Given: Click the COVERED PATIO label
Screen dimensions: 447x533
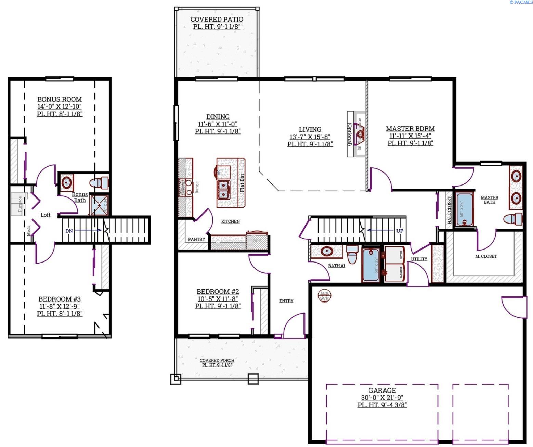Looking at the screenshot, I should tap(217, 20).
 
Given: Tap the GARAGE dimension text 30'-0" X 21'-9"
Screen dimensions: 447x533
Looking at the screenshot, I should tap(382, 398).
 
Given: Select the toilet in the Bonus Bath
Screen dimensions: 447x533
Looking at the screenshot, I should tap(99, 183).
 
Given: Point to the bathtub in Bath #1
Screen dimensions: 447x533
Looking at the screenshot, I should tap(370, 265).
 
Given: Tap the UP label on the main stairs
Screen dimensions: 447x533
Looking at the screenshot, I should tap(399, 231).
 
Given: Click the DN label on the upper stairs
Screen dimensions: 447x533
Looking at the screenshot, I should tap(69, 231).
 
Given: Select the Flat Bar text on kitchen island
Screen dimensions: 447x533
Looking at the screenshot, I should tap(242, 183).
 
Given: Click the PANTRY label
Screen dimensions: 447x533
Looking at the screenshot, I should tap(196, 239).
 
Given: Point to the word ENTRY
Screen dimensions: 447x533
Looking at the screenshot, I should tap(286, 301).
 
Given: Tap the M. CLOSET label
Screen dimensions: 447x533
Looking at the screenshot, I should tap(486, 256).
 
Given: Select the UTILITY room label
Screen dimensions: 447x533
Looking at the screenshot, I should tap(419, 259).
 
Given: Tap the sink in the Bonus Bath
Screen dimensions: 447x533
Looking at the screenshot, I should tap(67, 182).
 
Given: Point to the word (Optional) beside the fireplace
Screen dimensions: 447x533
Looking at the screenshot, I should tap(350, 134).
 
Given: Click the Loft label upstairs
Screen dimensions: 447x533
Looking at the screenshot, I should tap(45, 215).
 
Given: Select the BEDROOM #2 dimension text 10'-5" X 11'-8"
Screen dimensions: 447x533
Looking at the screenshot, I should tap(218, 299).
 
